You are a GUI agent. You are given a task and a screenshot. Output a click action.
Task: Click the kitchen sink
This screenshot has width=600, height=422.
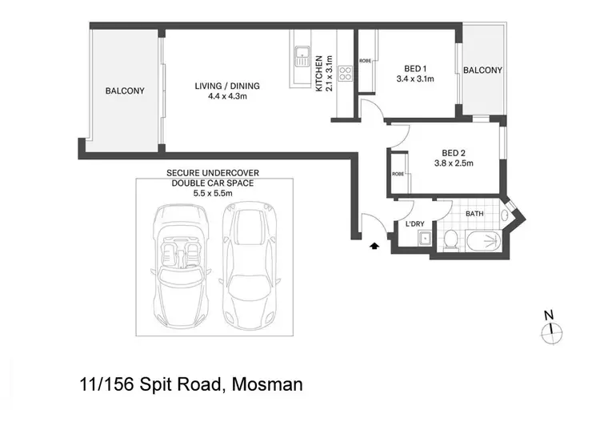302,57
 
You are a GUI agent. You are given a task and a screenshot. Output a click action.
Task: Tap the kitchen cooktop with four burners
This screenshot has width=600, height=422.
346,74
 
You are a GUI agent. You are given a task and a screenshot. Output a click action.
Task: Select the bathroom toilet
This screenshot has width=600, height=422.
450,239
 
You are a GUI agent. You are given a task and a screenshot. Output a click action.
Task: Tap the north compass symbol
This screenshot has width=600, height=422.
550,329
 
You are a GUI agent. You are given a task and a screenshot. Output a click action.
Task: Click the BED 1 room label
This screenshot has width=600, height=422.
414,69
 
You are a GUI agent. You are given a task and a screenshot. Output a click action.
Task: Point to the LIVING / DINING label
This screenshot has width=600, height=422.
228,86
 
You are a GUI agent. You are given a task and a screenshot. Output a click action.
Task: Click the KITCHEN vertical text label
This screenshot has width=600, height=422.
318,74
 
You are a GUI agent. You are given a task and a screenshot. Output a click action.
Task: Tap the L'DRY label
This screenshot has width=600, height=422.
414,223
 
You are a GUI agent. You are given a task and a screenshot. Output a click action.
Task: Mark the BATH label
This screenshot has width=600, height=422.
475,214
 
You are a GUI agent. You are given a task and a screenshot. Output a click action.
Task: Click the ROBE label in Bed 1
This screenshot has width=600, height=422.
365,61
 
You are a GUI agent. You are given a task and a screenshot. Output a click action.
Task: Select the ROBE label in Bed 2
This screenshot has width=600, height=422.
398,174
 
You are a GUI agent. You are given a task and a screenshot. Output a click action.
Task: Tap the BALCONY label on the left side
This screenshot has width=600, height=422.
125,91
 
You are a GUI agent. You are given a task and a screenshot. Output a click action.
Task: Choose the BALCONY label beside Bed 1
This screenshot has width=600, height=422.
482,70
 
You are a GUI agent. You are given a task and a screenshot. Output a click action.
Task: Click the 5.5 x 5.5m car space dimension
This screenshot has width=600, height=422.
212,193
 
